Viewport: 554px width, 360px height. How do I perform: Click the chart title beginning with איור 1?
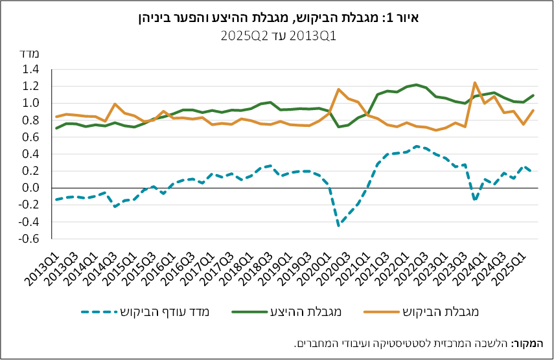click(x=277, y=17)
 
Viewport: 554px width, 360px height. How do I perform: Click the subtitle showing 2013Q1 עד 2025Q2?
click(x=277, y=36)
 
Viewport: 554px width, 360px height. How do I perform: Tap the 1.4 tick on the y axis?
click(x=30, y=69)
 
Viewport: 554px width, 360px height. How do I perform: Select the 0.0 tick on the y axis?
click(x=30, y=188)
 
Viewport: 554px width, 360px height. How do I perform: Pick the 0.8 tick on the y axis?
click(x=30, y=120)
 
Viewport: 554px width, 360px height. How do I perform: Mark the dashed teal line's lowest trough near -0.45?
click(x=338, y=226)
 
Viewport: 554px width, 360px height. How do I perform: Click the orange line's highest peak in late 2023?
click(x=475, y=82)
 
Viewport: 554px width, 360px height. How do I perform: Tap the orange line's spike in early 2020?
click(x=338, y=89)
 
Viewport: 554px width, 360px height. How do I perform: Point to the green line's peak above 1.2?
click(x=416, y=85)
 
